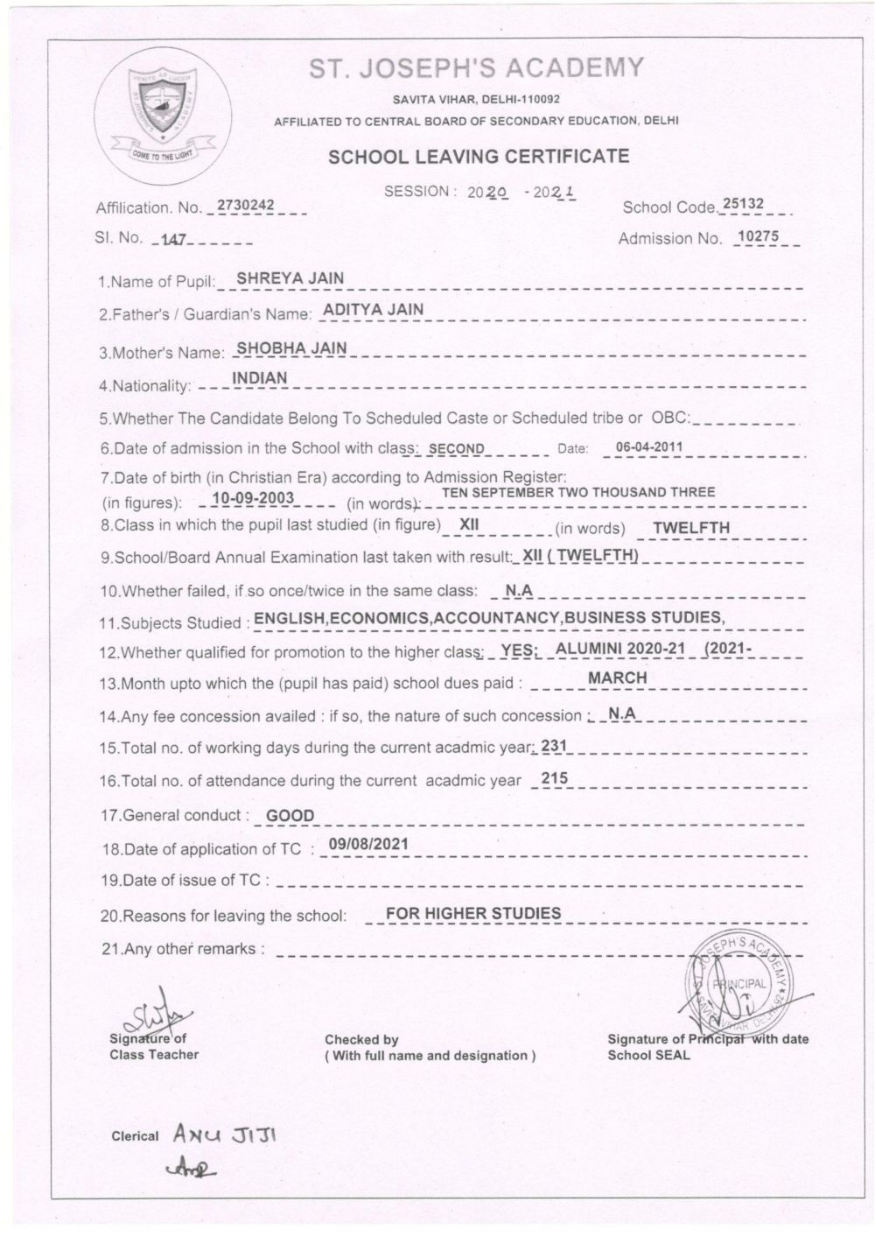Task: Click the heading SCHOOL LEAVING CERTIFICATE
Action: pos(478,157)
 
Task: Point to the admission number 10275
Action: pos(758,235)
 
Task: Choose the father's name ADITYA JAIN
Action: pos(373,309)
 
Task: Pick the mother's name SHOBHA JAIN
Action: pos(292,348)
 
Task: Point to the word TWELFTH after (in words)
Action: pos(690,528)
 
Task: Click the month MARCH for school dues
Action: pos(617,678)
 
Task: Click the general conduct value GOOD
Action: pos(290,816)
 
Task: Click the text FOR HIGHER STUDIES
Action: pos(473,914)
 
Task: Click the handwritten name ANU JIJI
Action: pos(224,1135)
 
